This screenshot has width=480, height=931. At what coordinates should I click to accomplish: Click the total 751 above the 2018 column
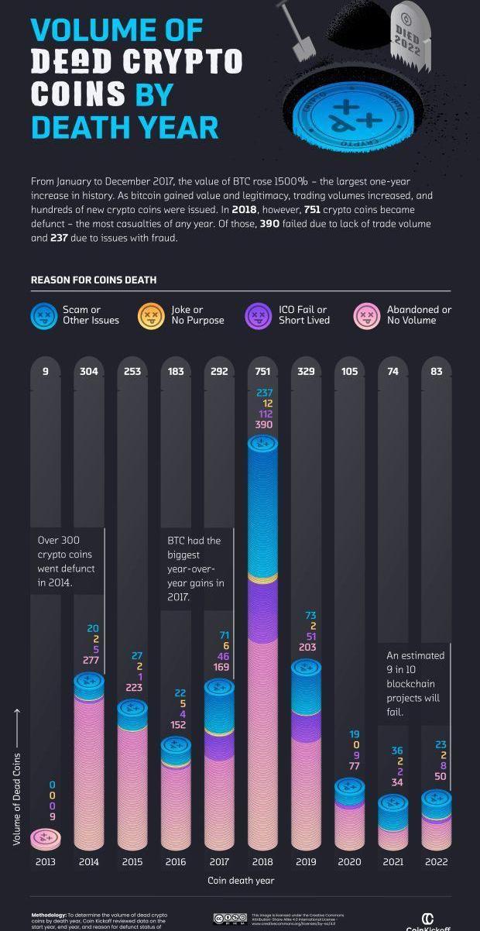click(262, 371)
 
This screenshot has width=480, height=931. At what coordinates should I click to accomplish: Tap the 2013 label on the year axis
click(46, 861)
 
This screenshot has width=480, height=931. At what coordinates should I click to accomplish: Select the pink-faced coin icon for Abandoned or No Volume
click(365, 315)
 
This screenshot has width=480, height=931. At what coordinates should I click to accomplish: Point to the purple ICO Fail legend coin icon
click(258, 315)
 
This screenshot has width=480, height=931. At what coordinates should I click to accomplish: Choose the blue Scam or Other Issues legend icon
click(43, 315)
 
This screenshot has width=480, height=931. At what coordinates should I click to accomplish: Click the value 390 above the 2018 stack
click(262, 424)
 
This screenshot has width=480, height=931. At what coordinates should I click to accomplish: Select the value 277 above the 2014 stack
click(89, 660)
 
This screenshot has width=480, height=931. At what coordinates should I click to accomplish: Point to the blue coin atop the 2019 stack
click(306, 667)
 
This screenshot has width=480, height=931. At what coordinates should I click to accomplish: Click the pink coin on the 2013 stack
click(46, 837)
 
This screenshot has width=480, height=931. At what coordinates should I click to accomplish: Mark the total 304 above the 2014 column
click(89, 371)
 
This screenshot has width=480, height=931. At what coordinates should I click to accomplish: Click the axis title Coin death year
click(241, 881)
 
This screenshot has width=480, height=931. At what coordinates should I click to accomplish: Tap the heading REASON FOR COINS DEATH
click(94, 280)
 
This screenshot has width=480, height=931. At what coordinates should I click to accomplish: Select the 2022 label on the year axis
click(437, 861)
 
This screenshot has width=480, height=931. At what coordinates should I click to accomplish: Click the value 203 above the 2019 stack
click(306, 648)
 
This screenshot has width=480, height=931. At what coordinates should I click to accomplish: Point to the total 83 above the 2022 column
click(437, 371)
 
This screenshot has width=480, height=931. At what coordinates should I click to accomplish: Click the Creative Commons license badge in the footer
click(230, 919)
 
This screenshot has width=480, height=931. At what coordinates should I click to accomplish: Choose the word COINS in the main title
click(78, 94)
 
